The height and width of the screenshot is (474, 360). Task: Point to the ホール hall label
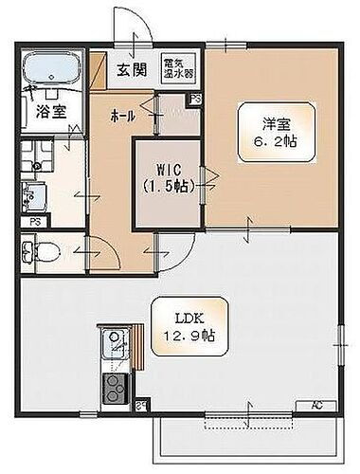click(x=122, y=115)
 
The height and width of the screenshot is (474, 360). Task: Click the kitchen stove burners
click(x=115, y=386)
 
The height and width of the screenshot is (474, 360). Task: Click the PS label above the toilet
click(x=34, y=221)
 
